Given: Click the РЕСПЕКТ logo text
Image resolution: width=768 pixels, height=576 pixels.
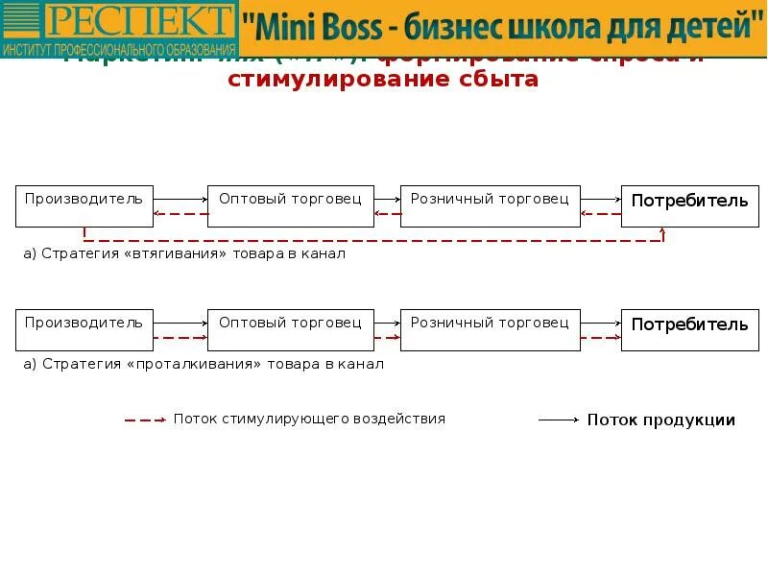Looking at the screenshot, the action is click(139, 20).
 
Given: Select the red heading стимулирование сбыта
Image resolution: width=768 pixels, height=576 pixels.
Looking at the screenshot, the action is click(383, 80).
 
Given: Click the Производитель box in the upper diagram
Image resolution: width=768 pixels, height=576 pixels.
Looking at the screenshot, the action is click(84, 205).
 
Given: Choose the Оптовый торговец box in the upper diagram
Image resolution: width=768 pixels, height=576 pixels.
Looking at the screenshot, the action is click(291, 205).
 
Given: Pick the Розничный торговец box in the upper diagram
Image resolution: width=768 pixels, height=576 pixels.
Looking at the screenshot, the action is click(490, 205).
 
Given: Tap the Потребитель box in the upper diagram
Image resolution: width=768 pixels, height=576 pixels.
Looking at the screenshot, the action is click(689, 205).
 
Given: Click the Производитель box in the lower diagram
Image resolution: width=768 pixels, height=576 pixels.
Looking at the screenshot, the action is click(84, 329).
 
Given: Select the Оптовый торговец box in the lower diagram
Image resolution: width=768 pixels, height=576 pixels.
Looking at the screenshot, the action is click(291, 329).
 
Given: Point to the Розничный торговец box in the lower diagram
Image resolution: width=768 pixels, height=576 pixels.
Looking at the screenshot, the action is click(490, 329).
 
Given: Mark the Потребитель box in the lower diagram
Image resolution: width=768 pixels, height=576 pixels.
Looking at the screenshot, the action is click(689, 329).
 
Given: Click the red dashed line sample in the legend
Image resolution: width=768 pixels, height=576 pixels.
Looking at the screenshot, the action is click(144, 420).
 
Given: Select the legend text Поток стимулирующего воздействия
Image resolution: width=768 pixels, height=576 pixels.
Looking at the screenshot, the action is click(309, 420).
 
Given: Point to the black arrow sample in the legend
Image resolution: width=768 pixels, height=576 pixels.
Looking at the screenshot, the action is click(559, 420).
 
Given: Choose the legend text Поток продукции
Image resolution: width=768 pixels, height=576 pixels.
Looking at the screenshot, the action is click(661, 420).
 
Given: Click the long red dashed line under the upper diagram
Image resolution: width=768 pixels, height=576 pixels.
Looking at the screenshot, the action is click(374, 240).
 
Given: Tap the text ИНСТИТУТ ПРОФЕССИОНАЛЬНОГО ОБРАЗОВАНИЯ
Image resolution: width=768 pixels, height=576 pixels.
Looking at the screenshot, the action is click(119, 48).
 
